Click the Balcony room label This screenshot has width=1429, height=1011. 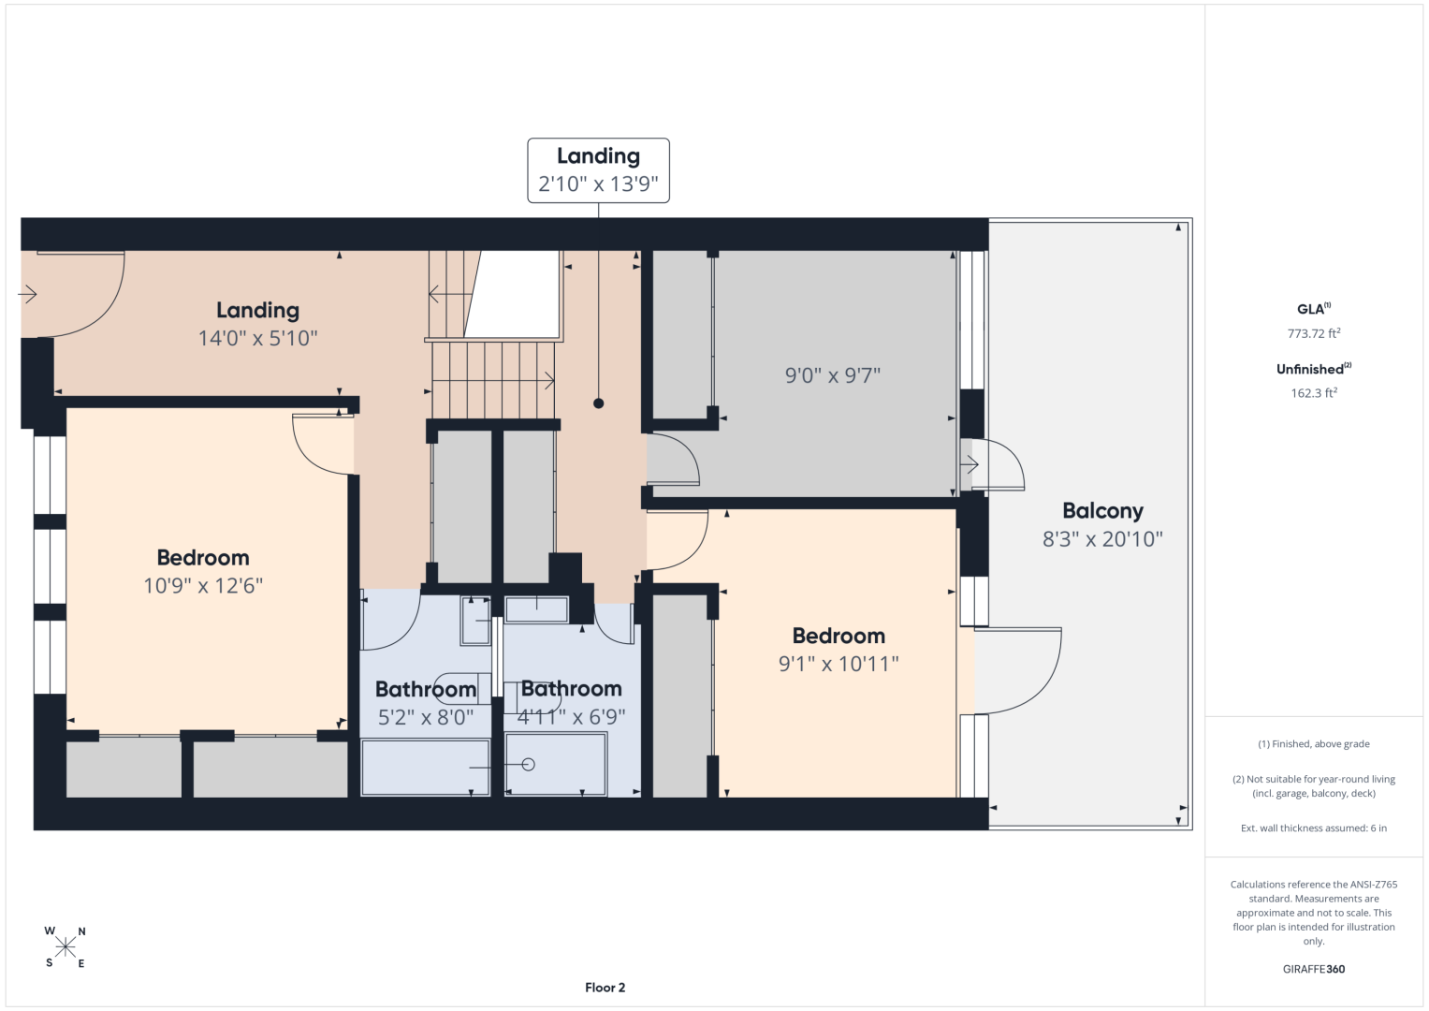click(x=1102, y=510)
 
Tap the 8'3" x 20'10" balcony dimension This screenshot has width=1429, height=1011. click(x=1102, y=539)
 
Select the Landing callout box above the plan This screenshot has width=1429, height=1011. click(x=598, y=170)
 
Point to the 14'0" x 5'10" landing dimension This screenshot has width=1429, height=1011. click(x=257, y=338)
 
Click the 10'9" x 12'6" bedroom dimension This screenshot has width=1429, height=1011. click(x=203, y=585)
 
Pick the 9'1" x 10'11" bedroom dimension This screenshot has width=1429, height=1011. click(x=838, y=664)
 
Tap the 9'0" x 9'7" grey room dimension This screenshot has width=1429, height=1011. click(x=833, y=375)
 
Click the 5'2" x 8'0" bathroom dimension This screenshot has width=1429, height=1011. click(x=426, y=717)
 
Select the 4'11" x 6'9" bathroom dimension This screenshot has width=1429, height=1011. click(x=571, y=717)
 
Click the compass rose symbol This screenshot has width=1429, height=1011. click(x=66, y=947)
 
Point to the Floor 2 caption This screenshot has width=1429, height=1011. click(x=605, y=988)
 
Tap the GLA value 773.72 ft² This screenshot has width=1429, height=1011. click(x=1314, y=333)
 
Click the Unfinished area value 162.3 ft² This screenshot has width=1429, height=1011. click(x=1314, y=392)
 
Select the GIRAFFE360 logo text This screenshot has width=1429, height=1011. click(x=1314, y=969)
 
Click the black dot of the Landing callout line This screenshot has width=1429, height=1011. click(x=598, y=403)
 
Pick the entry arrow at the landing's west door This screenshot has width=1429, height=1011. click(x=27, y=294)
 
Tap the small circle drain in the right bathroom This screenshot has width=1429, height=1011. click(x=528, y=764)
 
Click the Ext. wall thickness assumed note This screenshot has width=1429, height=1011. click(x=1314, y=828)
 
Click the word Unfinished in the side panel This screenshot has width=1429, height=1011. click(x=1310, y=369)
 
